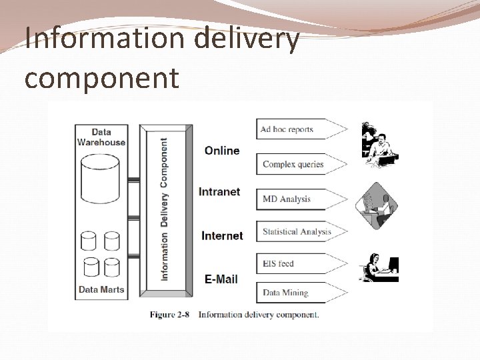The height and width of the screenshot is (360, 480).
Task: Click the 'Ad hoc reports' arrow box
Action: (300, 129)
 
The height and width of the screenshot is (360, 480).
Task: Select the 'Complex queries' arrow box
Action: (300, 164)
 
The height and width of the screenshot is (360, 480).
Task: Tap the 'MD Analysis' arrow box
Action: (300, 199)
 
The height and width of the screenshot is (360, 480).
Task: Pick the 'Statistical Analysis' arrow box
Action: (300, 232)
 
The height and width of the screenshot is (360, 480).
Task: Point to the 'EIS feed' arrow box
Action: (300, 263)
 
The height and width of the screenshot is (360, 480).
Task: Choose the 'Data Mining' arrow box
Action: (300, 293)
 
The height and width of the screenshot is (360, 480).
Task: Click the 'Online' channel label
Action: (222, 151)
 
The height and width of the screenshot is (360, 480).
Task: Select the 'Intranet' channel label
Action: (219, 192)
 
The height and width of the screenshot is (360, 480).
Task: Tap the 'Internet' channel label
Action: (222, 235)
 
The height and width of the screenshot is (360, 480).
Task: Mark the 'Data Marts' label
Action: (101, 290)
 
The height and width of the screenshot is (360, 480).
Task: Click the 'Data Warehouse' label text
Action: (101, 137)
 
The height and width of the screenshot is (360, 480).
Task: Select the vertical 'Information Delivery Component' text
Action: (165, 209)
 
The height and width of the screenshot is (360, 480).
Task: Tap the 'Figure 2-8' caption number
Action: (171, 315)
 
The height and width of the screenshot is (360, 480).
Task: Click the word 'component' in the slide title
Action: (101, 77)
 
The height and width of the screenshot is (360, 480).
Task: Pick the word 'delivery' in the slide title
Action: (247, 38)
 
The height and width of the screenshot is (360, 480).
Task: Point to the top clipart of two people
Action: (379, 144)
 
